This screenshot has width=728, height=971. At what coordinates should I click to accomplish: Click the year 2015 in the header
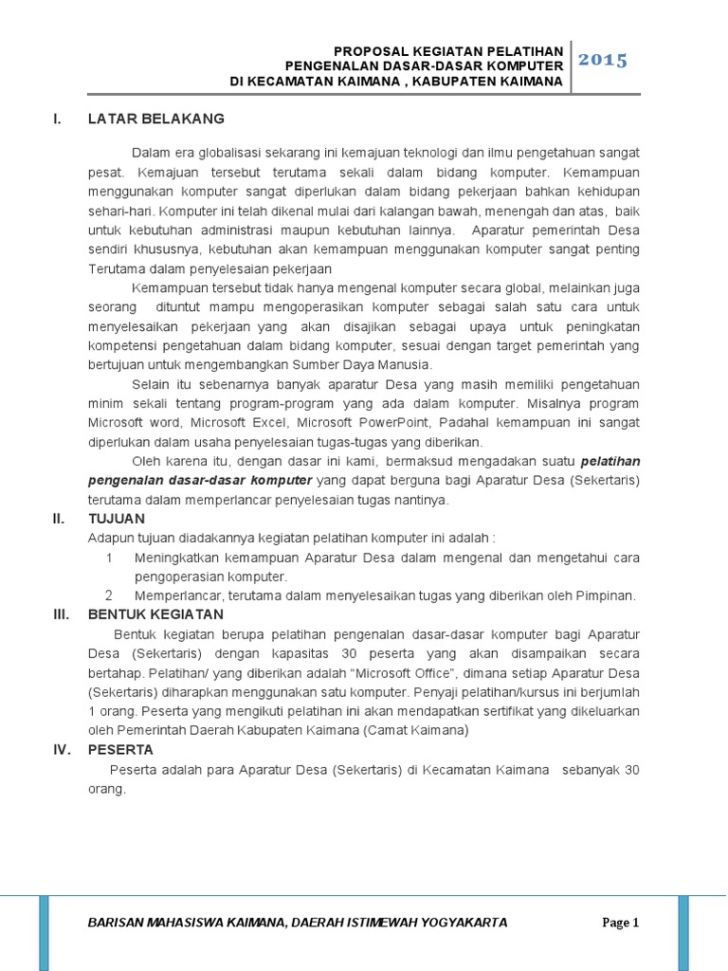pyautogui.click(x=603, y=61)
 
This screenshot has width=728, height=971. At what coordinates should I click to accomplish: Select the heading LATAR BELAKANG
pyautogui.click(x=155, y=119)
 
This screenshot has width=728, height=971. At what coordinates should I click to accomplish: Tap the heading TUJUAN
pyautogui.click(x=116, y=519)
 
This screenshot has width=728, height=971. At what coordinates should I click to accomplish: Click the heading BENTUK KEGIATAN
pyautogui.click(x=155, y=614)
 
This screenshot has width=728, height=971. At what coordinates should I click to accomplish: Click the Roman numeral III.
pyautogui.click(x=61, y=614)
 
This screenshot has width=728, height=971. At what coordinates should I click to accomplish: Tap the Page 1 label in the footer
pyautogui.click(x=622, y=922)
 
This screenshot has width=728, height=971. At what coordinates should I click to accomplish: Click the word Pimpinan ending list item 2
pyautogui.click(x=603, y=595)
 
